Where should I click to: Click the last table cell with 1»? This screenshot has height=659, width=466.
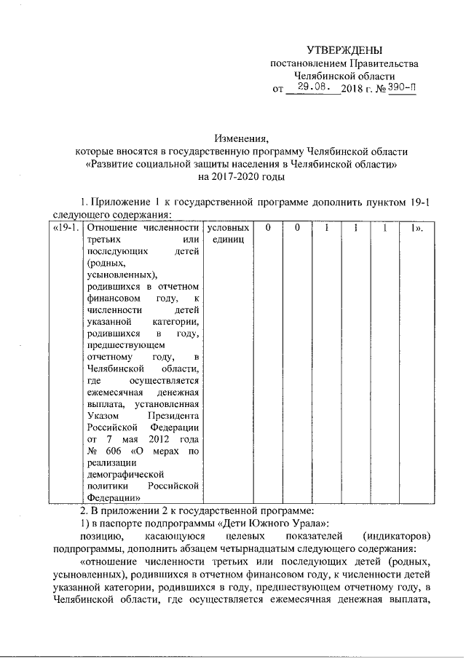[416, 229]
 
